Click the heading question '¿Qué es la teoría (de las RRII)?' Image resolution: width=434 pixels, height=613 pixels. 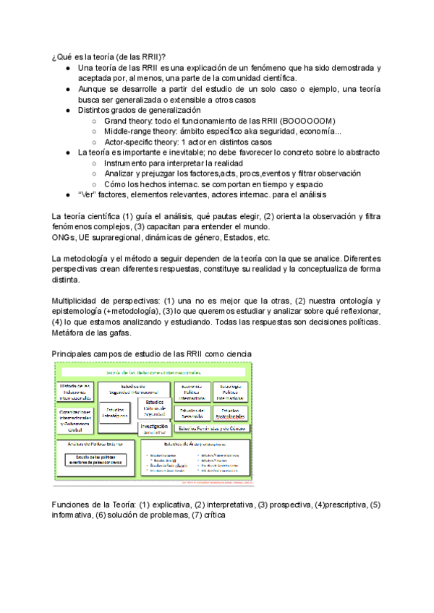[108, 57]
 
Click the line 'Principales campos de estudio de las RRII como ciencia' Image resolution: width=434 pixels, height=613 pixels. [153, 353]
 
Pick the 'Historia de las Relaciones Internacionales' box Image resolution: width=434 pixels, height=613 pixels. [75, 391]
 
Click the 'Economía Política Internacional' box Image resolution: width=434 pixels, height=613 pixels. [192, 391]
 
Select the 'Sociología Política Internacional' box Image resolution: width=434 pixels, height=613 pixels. [232, 391]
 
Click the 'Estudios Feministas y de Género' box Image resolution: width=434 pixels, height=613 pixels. [213, 429]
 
